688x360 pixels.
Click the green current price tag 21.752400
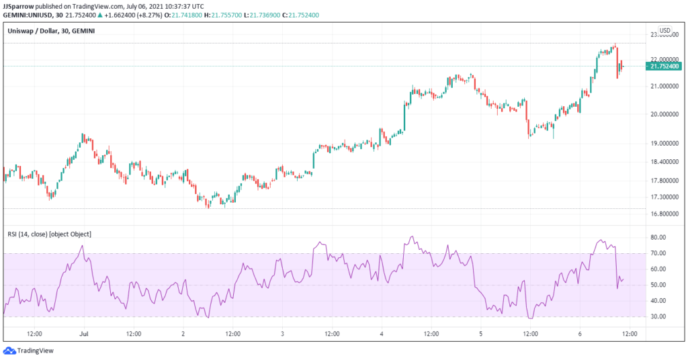[x=663, y=66]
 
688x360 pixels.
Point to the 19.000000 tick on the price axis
[x=662, y=143]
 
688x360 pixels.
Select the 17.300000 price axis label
[x=662, y=197]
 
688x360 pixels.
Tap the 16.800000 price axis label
[x=662, y=214]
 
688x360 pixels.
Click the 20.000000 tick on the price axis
[x=662, y=114]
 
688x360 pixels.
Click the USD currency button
[x=664, y=30]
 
